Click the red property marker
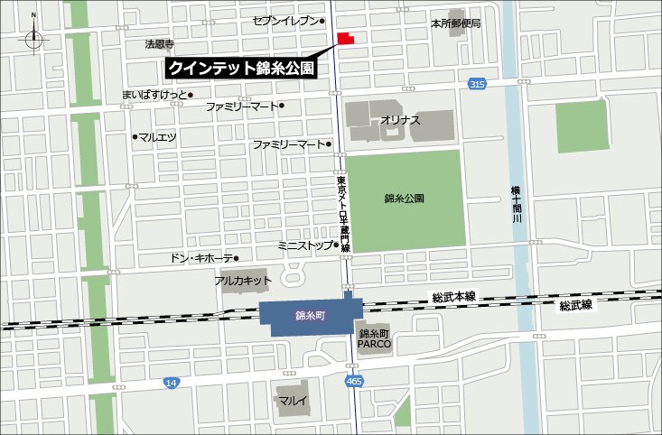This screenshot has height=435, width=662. click(345, 40)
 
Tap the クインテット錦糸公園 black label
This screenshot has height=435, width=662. click(242, 69)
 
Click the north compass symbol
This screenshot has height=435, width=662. click(34, 37)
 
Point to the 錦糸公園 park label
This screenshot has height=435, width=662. click(404, 198)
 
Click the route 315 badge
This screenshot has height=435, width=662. click(477, 84)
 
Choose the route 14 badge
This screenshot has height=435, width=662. click(171, 384)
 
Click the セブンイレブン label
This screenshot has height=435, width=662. click(285, 20)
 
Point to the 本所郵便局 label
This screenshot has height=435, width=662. click(455, 23)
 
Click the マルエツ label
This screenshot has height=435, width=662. click(157, 137)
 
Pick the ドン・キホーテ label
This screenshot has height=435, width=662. click(200, 259)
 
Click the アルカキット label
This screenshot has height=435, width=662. click(243, 281)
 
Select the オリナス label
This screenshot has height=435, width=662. click(400, 119)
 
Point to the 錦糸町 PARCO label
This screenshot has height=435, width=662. click(374, 338)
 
